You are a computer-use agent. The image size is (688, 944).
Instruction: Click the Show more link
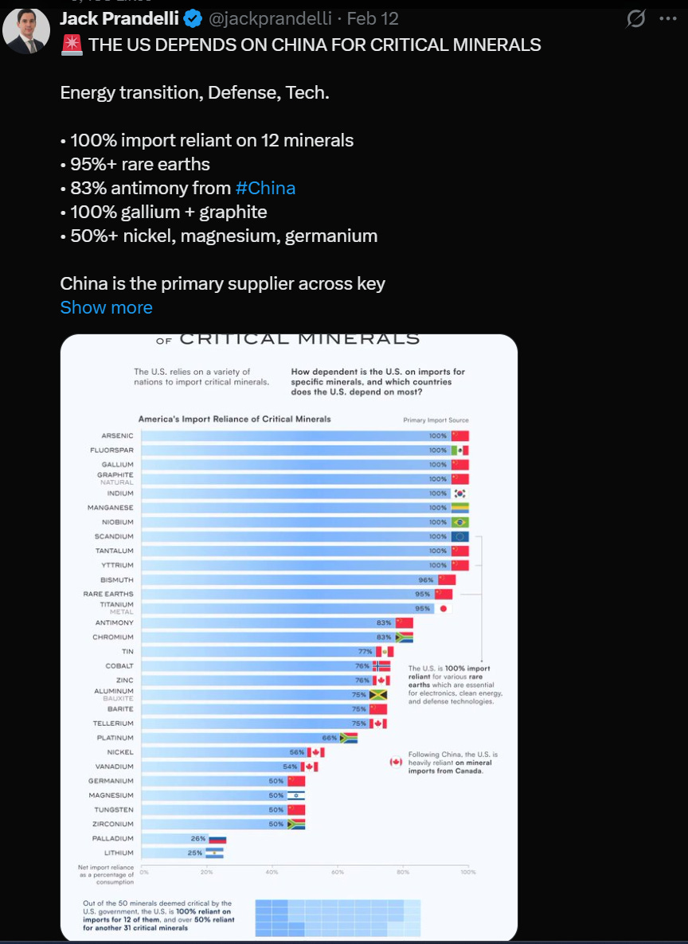[106, 307]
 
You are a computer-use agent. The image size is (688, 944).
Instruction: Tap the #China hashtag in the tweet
[265, 188]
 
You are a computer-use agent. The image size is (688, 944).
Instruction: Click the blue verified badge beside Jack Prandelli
[193, 18]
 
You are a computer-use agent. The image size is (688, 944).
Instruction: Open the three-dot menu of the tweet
[667, 18]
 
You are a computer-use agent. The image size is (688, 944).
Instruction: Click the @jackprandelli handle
[270, 18]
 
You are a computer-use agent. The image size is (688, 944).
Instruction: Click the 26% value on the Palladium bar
[198, 838]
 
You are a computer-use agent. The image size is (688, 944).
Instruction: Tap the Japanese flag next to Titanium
[444, 608]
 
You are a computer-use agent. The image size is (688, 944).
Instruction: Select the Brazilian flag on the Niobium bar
[459, 522]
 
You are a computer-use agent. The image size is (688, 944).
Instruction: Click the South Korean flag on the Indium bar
[459, 493]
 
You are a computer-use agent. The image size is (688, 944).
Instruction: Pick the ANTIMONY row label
[115, 622]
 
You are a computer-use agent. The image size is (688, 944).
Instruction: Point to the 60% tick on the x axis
[338, 872]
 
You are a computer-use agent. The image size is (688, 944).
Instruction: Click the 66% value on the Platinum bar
[330, 738]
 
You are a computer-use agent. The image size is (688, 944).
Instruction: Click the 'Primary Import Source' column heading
[436, 419]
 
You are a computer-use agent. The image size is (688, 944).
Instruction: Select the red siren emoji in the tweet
[72, 45]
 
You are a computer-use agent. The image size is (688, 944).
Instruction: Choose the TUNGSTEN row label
[114, 809]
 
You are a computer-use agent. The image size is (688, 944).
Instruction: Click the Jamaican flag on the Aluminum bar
[377, 695]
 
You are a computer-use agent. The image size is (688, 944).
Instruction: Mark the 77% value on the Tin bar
[365, 651]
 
